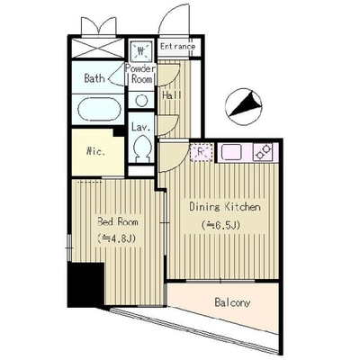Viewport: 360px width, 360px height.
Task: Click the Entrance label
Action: (177, 47)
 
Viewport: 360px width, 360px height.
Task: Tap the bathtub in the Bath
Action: (97, 109)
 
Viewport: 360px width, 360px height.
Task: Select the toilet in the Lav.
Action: (141, 147)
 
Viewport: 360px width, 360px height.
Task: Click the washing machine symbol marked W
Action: (141, 51)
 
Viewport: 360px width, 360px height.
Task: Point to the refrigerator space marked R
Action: (202, 152)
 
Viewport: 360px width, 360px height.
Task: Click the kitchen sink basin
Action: (231, 152)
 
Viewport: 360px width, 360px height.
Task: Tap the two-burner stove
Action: (263, 152)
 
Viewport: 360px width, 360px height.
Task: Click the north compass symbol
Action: (244, 106)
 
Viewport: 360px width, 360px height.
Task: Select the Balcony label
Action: (232, 302)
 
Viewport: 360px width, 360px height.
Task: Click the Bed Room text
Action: (118, 222)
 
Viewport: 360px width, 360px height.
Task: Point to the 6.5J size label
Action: (220, 225)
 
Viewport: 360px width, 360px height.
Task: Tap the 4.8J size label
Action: (116, 238)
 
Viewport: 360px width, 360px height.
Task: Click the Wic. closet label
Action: (96, 151)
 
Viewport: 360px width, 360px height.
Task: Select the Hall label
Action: (172, 95)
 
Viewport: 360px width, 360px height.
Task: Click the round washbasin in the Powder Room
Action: (141, 100)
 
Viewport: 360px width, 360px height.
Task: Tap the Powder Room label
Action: (140, 74)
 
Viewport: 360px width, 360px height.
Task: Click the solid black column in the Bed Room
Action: (85, 284)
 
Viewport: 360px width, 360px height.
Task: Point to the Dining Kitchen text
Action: (225, 207)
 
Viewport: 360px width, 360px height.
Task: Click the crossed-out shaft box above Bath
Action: (98, 49)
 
